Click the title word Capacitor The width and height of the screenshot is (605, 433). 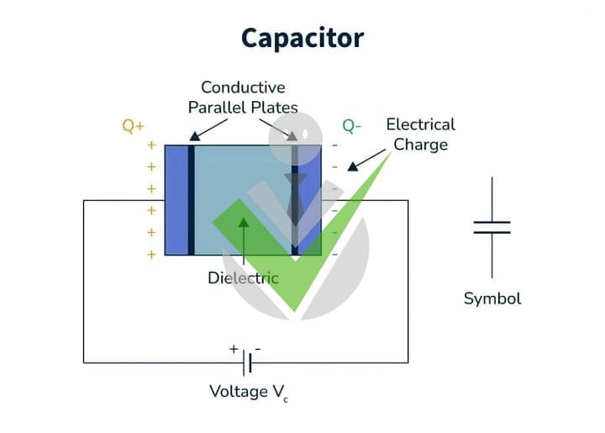[x=302, y=38]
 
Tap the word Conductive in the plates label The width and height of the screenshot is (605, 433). [x=243, y=87]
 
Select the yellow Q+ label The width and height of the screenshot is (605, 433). [x=133, y=126]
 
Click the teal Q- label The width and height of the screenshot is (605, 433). [x=351, y=126]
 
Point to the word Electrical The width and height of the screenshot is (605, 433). [x=421, y=124]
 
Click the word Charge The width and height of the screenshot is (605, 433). [x=421, y=145]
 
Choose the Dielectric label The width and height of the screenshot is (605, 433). [x=243, y=277]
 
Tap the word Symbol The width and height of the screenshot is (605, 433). [x=492, y=298]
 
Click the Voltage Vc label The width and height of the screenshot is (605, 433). [x=249, y=393]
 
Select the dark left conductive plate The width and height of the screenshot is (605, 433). [x=191, y=200]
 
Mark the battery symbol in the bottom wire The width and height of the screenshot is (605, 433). [x=247, y=362]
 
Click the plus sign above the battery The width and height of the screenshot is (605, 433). [x=234, y=349]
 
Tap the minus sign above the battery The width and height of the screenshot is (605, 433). [x=258, y=349]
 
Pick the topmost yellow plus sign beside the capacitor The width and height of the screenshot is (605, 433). [x=151, y=145]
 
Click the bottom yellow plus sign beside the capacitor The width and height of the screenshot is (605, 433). [x=151, y=255]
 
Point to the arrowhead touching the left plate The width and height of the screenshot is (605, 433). [x=195, y=136]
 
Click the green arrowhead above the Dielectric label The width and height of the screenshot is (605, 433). [x=244, y=223]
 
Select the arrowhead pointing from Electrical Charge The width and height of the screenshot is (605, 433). [x=352, y=166]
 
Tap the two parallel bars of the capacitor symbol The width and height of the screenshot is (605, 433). [x=492, y=227]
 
